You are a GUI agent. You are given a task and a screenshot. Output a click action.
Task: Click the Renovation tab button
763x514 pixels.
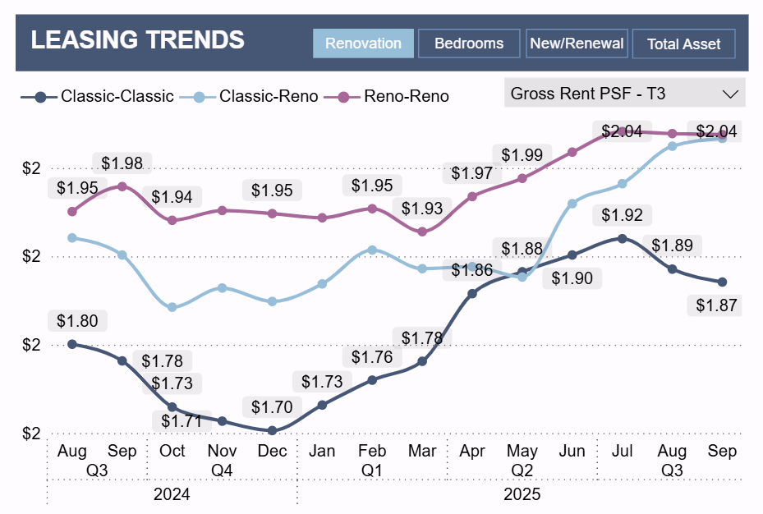pyautogui.click(x=363, y=44)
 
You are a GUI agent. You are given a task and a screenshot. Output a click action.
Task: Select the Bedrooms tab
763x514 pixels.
pyautogui.click(x=469, y=44)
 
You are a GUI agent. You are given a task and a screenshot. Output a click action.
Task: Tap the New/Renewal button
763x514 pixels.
pyautogui.click(x=577, y=44)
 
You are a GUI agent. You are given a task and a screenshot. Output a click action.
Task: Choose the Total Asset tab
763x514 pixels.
pyautogui.click(x=683, y=44)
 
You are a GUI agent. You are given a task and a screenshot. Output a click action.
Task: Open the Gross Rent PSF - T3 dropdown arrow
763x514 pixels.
pyautogui.click(x=729, y=94)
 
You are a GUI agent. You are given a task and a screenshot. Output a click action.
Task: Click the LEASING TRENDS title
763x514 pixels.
pyautogui.click(x=138, y=39)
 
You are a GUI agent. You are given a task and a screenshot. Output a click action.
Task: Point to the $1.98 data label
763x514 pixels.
pyautogui.click(x=122, y=163)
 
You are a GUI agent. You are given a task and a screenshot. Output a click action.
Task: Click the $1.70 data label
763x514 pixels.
pyautogui.click(x=272, y=406)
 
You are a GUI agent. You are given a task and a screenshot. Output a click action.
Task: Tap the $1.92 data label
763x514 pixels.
pyautogui.click(x=622, y=215)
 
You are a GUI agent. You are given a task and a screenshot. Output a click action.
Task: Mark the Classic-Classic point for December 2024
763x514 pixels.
pyautogui.click(x=272, y=430)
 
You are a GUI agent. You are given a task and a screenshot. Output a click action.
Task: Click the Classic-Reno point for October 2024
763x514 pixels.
pyautogui.click(x=172, y=307)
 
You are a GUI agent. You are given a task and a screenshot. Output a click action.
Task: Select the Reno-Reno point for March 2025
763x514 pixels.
pyautogui.click(x=422, y=232)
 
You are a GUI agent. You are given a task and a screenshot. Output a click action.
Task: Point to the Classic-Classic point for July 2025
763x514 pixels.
pyautogui.click(x=622, y=238)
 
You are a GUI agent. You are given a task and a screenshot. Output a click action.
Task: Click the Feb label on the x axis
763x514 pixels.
pyautogui.click(x=372, y=451)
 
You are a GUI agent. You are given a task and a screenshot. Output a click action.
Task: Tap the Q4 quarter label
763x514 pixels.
pyautogui.click(x=222, y=470)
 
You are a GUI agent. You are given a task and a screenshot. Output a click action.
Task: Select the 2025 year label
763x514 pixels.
pyautogui.click(x=522, y=494)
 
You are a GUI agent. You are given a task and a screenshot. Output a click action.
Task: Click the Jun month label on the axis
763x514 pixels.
pyautogui.click(x=572, y=451)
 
